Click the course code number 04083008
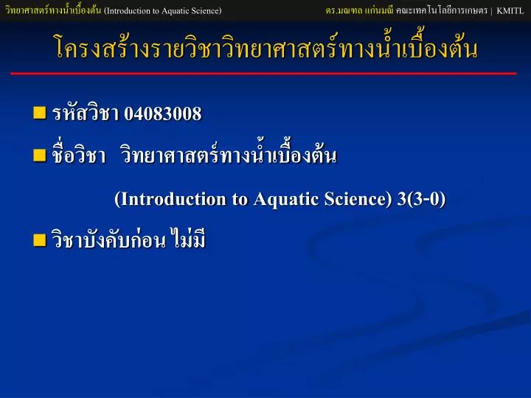click(x=162, y=113)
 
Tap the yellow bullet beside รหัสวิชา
click(x=40, y=113)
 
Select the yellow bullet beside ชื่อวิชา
click(x=40, y=156)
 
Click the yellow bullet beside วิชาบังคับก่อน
click(x=40, y=240)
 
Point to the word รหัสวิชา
click(x=86, y=112)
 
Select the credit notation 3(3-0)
click(x=421, y=198)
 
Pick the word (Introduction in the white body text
click(x=170, y=199)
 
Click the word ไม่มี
click(x=188, y=238)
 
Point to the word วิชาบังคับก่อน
click(x=108, y=239)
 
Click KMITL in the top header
click(x=510, y=11)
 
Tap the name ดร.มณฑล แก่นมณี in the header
click(x=359, y=10)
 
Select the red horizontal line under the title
click(x=263, y=74)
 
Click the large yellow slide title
click(x=266, y=46)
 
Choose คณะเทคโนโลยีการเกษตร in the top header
click(x=442, y=10)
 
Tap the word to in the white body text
click(x=240, y=199)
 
